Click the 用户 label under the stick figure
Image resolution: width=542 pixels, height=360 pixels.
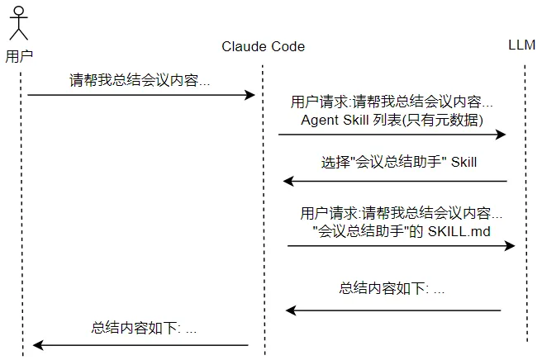(18, 57)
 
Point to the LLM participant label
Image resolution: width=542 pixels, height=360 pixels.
(522, 45)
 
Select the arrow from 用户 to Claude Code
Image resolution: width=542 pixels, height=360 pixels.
(141, 96)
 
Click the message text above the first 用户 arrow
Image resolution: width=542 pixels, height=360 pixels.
(140, 81)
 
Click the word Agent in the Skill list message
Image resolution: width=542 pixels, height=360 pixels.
(319, 121)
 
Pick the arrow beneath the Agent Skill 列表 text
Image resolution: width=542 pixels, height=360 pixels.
(391, 135)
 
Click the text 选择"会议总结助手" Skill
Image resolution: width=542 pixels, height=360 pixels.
(398, 163)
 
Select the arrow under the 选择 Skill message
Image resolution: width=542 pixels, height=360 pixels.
(394, 180)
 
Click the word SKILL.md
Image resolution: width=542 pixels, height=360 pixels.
(459, 230)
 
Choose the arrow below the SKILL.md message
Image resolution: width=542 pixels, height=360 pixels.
(401, 246)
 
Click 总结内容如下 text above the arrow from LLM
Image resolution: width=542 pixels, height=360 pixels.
(392, 289)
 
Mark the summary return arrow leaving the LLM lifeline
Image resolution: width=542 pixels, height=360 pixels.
(393, 310)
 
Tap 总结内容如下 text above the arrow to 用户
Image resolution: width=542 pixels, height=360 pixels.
(144, 328)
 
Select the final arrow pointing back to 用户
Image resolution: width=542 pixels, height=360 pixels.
(140, 345)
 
